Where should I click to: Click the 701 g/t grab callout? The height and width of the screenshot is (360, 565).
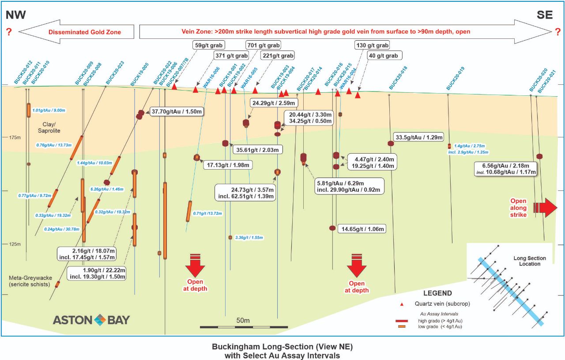(x=263, y=45)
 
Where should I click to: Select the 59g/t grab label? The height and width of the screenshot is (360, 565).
(x=209, y=45)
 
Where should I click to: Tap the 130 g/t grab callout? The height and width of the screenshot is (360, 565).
(x=372, y=45)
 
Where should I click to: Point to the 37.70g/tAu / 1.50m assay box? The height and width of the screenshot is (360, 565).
(x=176, y=112)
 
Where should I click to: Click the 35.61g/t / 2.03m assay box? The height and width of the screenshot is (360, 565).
(x=257, y=150)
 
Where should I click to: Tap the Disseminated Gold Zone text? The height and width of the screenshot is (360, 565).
(x=85, y=32)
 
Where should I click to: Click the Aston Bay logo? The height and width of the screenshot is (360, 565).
(x=91, y=319)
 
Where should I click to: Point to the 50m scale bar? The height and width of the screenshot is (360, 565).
(x=243, y=326)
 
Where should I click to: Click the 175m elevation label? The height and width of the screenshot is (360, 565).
(x=15, y=138)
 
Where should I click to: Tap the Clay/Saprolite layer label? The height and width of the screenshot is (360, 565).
(x=49, y=128)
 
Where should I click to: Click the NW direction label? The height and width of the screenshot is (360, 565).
(x=15, y=15)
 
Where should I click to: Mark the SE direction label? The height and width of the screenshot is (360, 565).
(x=545, y=15)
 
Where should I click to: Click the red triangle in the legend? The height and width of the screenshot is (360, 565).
(x=402, y=304)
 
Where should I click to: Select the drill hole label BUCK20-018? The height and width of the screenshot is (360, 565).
(x=399, y=78)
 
